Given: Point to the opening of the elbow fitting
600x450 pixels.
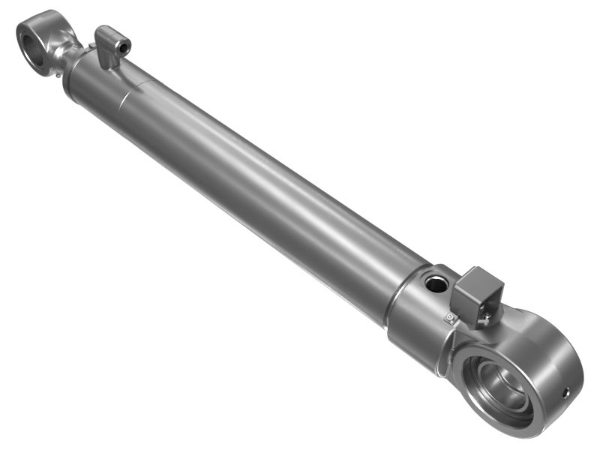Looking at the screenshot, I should [x=124, y=47].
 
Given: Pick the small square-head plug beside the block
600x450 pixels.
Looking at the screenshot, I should [x=450, y=317].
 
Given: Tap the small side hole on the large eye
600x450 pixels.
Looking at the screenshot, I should [x=566, y=392].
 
